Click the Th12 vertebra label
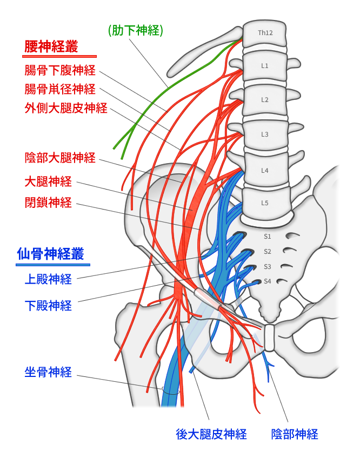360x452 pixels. [265, 33]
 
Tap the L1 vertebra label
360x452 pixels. [265, 66]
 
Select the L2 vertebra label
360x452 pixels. [265, 100]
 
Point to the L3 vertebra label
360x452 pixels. [265, 134]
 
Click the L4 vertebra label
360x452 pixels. [265, 171]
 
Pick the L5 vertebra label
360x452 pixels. [265, 203]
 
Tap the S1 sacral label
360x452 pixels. [267, 237]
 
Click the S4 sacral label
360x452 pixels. [267, 281]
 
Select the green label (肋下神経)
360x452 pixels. [135, 31]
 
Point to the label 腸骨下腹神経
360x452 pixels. [60, 70]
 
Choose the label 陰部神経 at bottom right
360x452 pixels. [295, 434]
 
